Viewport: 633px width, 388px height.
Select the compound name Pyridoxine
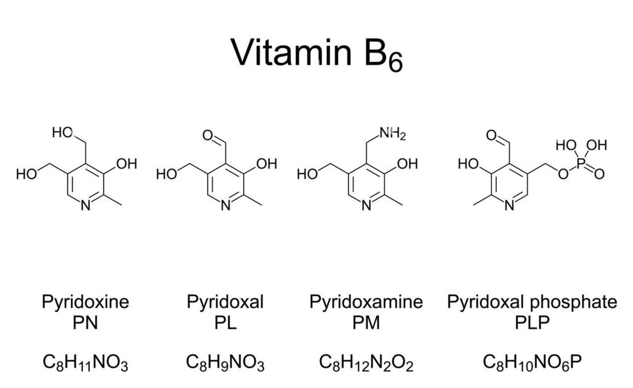click(x=85, y=302)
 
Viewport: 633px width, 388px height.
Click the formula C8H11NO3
click(x=85, y=364)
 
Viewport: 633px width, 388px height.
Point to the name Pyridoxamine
click(x=366, y=302)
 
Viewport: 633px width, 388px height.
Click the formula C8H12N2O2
click(x=366, y=364)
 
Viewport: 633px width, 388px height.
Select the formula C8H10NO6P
click(x=532, y=364)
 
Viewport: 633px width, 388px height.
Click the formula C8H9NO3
click(x=225, y=364)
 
